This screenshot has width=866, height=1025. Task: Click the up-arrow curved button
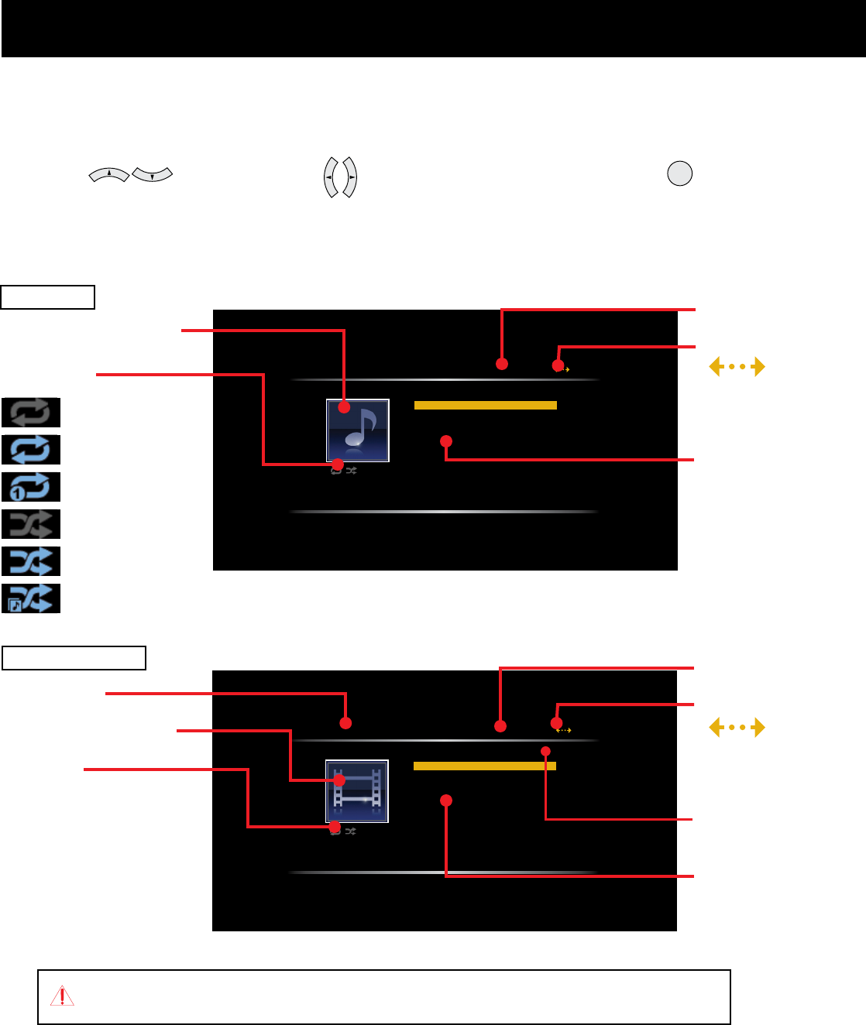click(x=109, y=175)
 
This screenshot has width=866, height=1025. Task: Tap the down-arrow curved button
click(x=152, y=175)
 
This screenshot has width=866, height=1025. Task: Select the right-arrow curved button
click(x=350, y=177)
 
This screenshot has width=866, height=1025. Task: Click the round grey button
click(x=679, y=173)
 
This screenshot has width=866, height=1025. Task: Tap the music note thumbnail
click(x=358, y=430)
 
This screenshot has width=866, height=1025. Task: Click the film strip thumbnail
click(x=357, y=790)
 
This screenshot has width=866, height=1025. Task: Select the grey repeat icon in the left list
click(x=31, y=413)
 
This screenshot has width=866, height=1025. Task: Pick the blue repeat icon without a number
click(x=31, y=450)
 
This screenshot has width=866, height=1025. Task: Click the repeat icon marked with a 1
click(x=31, y=487)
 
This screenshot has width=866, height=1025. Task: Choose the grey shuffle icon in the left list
click(x=31, y=524)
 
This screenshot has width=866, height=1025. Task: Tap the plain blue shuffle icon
click(x=31, y=561)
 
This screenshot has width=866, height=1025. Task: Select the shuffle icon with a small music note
click(x=31, y=598)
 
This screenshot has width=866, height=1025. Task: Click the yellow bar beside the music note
click(x=486, y=405)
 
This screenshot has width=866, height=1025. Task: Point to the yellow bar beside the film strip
click(x=485, y=766)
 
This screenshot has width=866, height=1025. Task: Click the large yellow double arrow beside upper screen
click(x=737, y=366)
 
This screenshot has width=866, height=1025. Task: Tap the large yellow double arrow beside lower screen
click(x=737, y=727)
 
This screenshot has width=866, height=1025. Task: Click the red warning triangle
click(x=62, y=996)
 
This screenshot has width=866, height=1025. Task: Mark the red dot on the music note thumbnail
click(x=344, y=407)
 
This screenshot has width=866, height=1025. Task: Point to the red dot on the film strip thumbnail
click(x=339, y=780)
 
